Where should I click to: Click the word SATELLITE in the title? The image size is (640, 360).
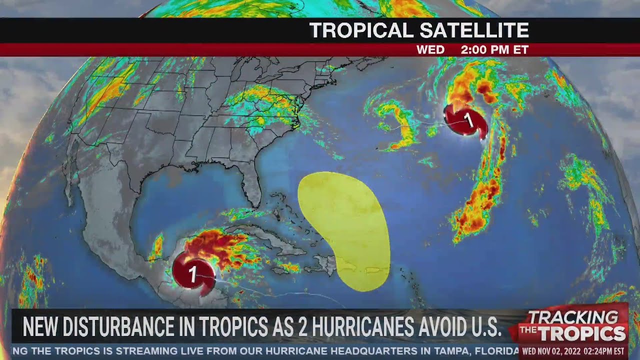click(x=474, y=31)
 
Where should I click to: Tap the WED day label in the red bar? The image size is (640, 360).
click(x=430, y=50)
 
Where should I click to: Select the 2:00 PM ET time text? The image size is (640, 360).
click(x=494, y=50)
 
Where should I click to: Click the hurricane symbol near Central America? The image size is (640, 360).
click(x=193, y=273)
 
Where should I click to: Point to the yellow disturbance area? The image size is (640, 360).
click(x=345, y=225)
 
